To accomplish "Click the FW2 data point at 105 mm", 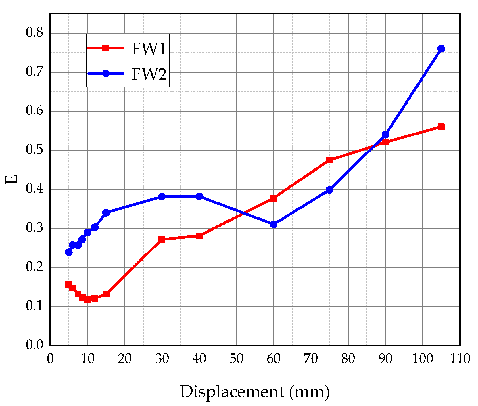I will click(x=441, y=49).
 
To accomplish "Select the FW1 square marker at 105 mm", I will click(x=441, y=127).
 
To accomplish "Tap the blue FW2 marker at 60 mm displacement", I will click(x=274, y=224).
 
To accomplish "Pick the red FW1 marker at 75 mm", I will click(x=330, y=160).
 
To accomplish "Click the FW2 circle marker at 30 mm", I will click(x=162, y=197).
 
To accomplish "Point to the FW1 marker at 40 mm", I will click(x=199, y=236).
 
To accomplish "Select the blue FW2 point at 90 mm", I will click(x=385, y=135).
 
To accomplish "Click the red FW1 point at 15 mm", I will click(x=106, y=294).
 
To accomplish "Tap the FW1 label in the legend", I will click(x=149, y=49).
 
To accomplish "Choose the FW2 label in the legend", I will click(x=149, y=74).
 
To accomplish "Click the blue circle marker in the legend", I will click(x=106, y=74).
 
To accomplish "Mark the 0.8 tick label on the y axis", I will click(x=34, y=32).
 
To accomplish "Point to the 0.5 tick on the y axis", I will click(x=34, y=150).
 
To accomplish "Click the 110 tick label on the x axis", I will click(x=460, y=359).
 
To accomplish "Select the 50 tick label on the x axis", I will click(x=236, y=359).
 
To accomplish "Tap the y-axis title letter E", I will click(x=11, y=179).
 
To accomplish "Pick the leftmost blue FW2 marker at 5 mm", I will click(x=69, y=252).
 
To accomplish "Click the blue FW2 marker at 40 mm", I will click(x=199, y=196).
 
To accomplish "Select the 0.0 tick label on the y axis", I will click(x=34, y=345).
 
